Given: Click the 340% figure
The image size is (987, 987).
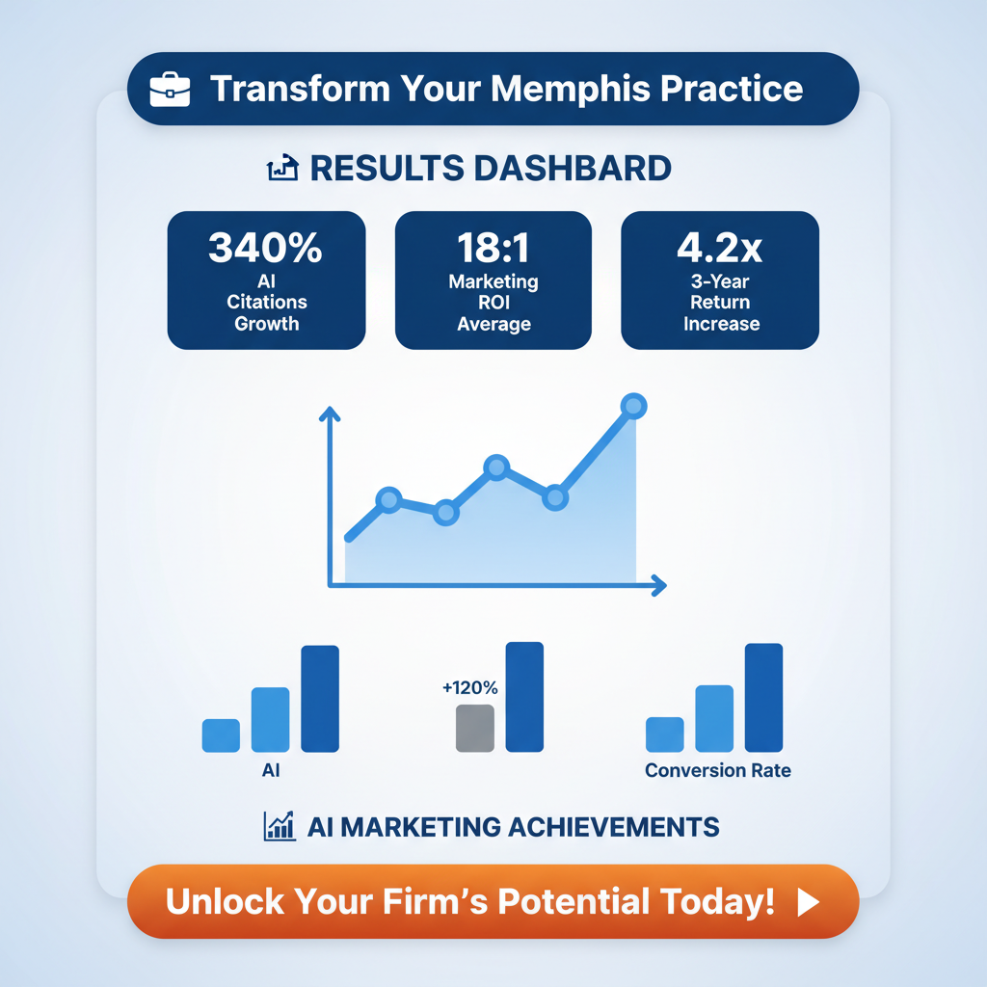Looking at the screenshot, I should click(266, 249).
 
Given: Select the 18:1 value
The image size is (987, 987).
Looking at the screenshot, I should click(493, 249).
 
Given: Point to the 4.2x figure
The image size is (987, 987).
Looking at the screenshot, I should click(720, 249).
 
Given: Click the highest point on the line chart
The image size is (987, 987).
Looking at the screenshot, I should click(633, 407).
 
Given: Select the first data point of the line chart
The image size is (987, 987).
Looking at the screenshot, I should click(388, 499).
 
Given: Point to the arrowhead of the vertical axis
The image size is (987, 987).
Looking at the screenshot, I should click(330, 413).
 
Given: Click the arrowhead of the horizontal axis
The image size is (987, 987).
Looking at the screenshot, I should click(659, 584).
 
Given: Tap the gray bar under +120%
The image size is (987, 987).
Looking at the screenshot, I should click(474, 728).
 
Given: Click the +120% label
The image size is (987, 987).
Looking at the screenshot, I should click(469, 688).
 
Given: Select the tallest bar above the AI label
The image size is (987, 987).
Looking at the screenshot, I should click(320, 699).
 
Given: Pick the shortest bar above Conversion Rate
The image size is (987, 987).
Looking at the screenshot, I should click(664, 734).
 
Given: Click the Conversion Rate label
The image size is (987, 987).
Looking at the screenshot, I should click(717, 771).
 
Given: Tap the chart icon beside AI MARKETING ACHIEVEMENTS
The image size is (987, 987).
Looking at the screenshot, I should click(280, 826).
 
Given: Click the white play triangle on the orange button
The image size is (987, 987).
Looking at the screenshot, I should click(808, 902).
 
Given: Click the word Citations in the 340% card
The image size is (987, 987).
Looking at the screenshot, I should click(266, 303).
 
